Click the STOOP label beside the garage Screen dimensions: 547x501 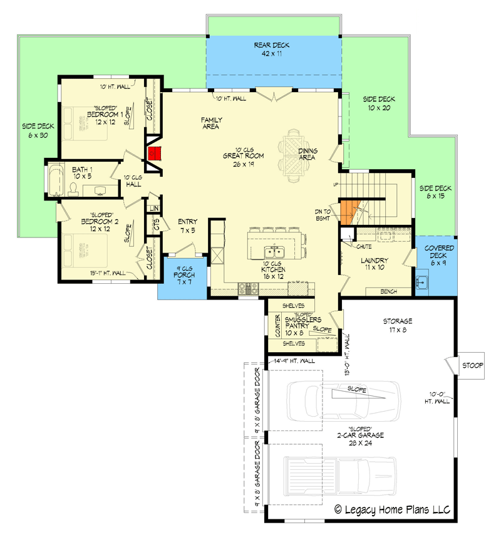(x=473, y=365)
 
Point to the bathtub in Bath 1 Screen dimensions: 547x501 (x=55, y=180)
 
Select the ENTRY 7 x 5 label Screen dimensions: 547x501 (x=187, y=226)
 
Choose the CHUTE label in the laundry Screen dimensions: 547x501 (x=365, y=247)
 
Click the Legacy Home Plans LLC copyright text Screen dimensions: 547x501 (x=392, y=509)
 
